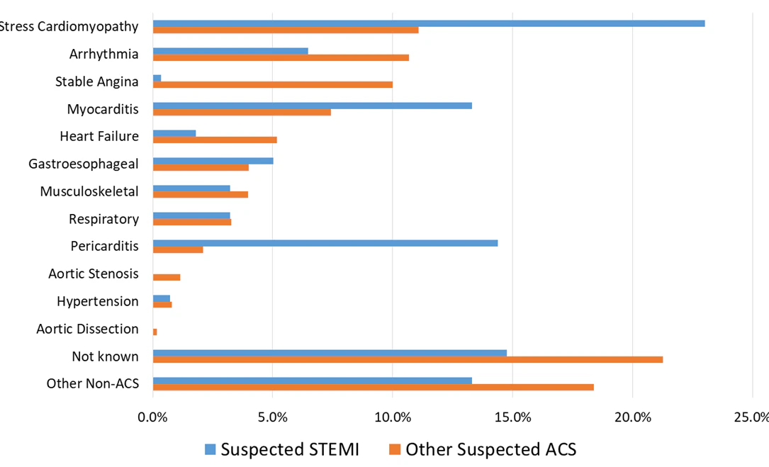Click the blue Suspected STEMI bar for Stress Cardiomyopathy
[x=428, y=23]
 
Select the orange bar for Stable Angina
[x=273, y=84]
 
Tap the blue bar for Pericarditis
[x=325, y=243]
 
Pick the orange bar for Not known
[x=408, y=359]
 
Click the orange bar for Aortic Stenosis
[x=167, y=277]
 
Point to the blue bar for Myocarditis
[x=312, y=106]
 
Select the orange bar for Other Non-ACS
[x=373, y=387]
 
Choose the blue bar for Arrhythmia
[x=230, y=51]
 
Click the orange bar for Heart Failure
[x=215, y=140]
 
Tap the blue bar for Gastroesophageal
[x=213, y=161]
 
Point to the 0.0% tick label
[x=152, y=417]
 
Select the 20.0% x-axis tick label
[x=633, y=417]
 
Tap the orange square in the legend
[x=395, y=449]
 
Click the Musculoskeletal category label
[x=89, y=191]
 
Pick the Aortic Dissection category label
[x=87, y=329]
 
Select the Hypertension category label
[x=98, y=301]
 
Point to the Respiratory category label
[x=103, y=219]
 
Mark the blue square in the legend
[x=210, y=449]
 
